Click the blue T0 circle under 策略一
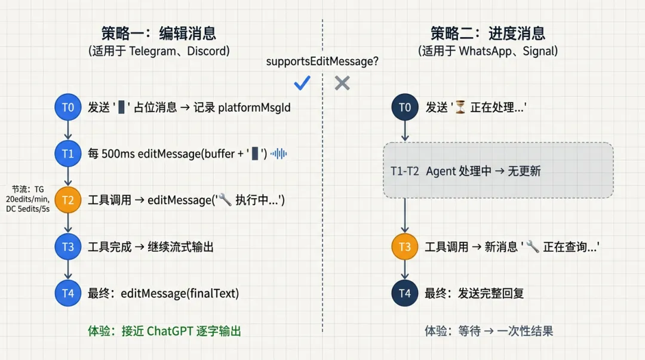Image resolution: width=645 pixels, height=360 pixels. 67,107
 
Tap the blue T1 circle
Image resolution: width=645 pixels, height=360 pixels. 67,153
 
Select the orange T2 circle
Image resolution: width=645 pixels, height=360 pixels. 67,200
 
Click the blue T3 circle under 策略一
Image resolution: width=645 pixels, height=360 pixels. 67,246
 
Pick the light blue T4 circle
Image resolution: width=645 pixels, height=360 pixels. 67,293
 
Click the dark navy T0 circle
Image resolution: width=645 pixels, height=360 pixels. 405,107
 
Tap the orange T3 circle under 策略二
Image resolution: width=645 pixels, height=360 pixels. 405,246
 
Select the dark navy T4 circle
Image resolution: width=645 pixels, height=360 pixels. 405,293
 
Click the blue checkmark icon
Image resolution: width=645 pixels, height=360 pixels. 303,83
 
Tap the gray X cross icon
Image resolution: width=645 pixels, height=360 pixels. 342,83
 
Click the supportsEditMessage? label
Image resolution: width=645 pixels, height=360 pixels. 322,61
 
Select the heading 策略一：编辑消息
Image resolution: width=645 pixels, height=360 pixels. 158,33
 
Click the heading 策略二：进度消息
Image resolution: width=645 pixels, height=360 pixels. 488,33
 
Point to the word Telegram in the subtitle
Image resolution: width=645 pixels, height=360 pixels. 152,51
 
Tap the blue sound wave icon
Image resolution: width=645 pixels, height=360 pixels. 278,153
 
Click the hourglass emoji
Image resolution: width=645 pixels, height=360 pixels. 460,107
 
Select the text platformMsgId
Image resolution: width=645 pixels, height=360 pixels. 254,107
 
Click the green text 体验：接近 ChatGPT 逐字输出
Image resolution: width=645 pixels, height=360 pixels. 164,331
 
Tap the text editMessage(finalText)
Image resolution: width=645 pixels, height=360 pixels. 180,293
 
